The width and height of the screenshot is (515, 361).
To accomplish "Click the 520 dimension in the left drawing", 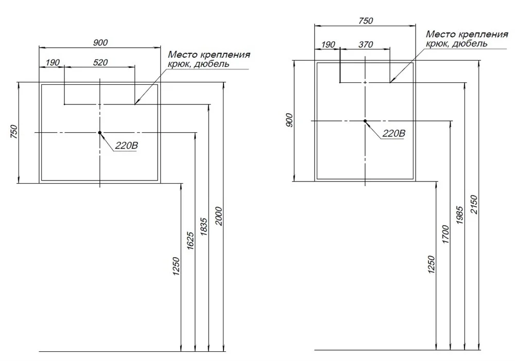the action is (100, 62).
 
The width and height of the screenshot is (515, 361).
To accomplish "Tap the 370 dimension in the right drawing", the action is (366, 44).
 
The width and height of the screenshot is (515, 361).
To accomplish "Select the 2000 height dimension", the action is (219, 216).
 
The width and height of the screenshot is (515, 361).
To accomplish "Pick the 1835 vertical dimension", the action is (204, 227).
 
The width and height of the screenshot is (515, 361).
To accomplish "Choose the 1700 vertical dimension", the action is (445, 234).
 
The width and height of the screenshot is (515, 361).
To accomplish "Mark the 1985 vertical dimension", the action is (460, 215).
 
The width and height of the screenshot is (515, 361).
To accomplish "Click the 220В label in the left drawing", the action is (127, 146).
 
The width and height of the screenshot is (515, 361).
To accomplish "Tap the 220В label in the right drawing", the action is (394, 134).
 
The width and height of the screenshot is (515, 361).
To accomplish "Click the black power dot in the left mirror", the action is (100, 133).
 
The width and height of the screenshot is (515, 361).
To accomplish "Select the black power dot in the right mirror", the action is (365, 121).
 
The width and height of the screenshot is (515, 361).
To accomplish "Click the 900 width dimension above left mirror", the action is (100, 43).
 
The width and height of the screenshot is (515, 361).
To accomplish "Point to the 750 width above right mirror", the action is (366, 21).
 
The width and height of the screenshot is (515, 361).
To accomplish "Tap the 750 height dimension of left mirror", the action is (14, 132).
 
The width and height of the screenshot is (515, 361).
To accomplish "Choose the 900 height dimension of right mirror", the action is (289, 120).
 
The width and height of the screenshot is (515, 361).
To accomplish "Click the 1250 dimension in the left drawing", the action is (176, 266).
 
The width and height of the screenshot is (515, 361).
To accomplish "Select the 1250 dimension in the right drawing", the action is (431, 265).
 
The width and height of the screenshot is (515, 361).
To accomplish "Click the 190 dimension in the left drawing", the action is (53, 62).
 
